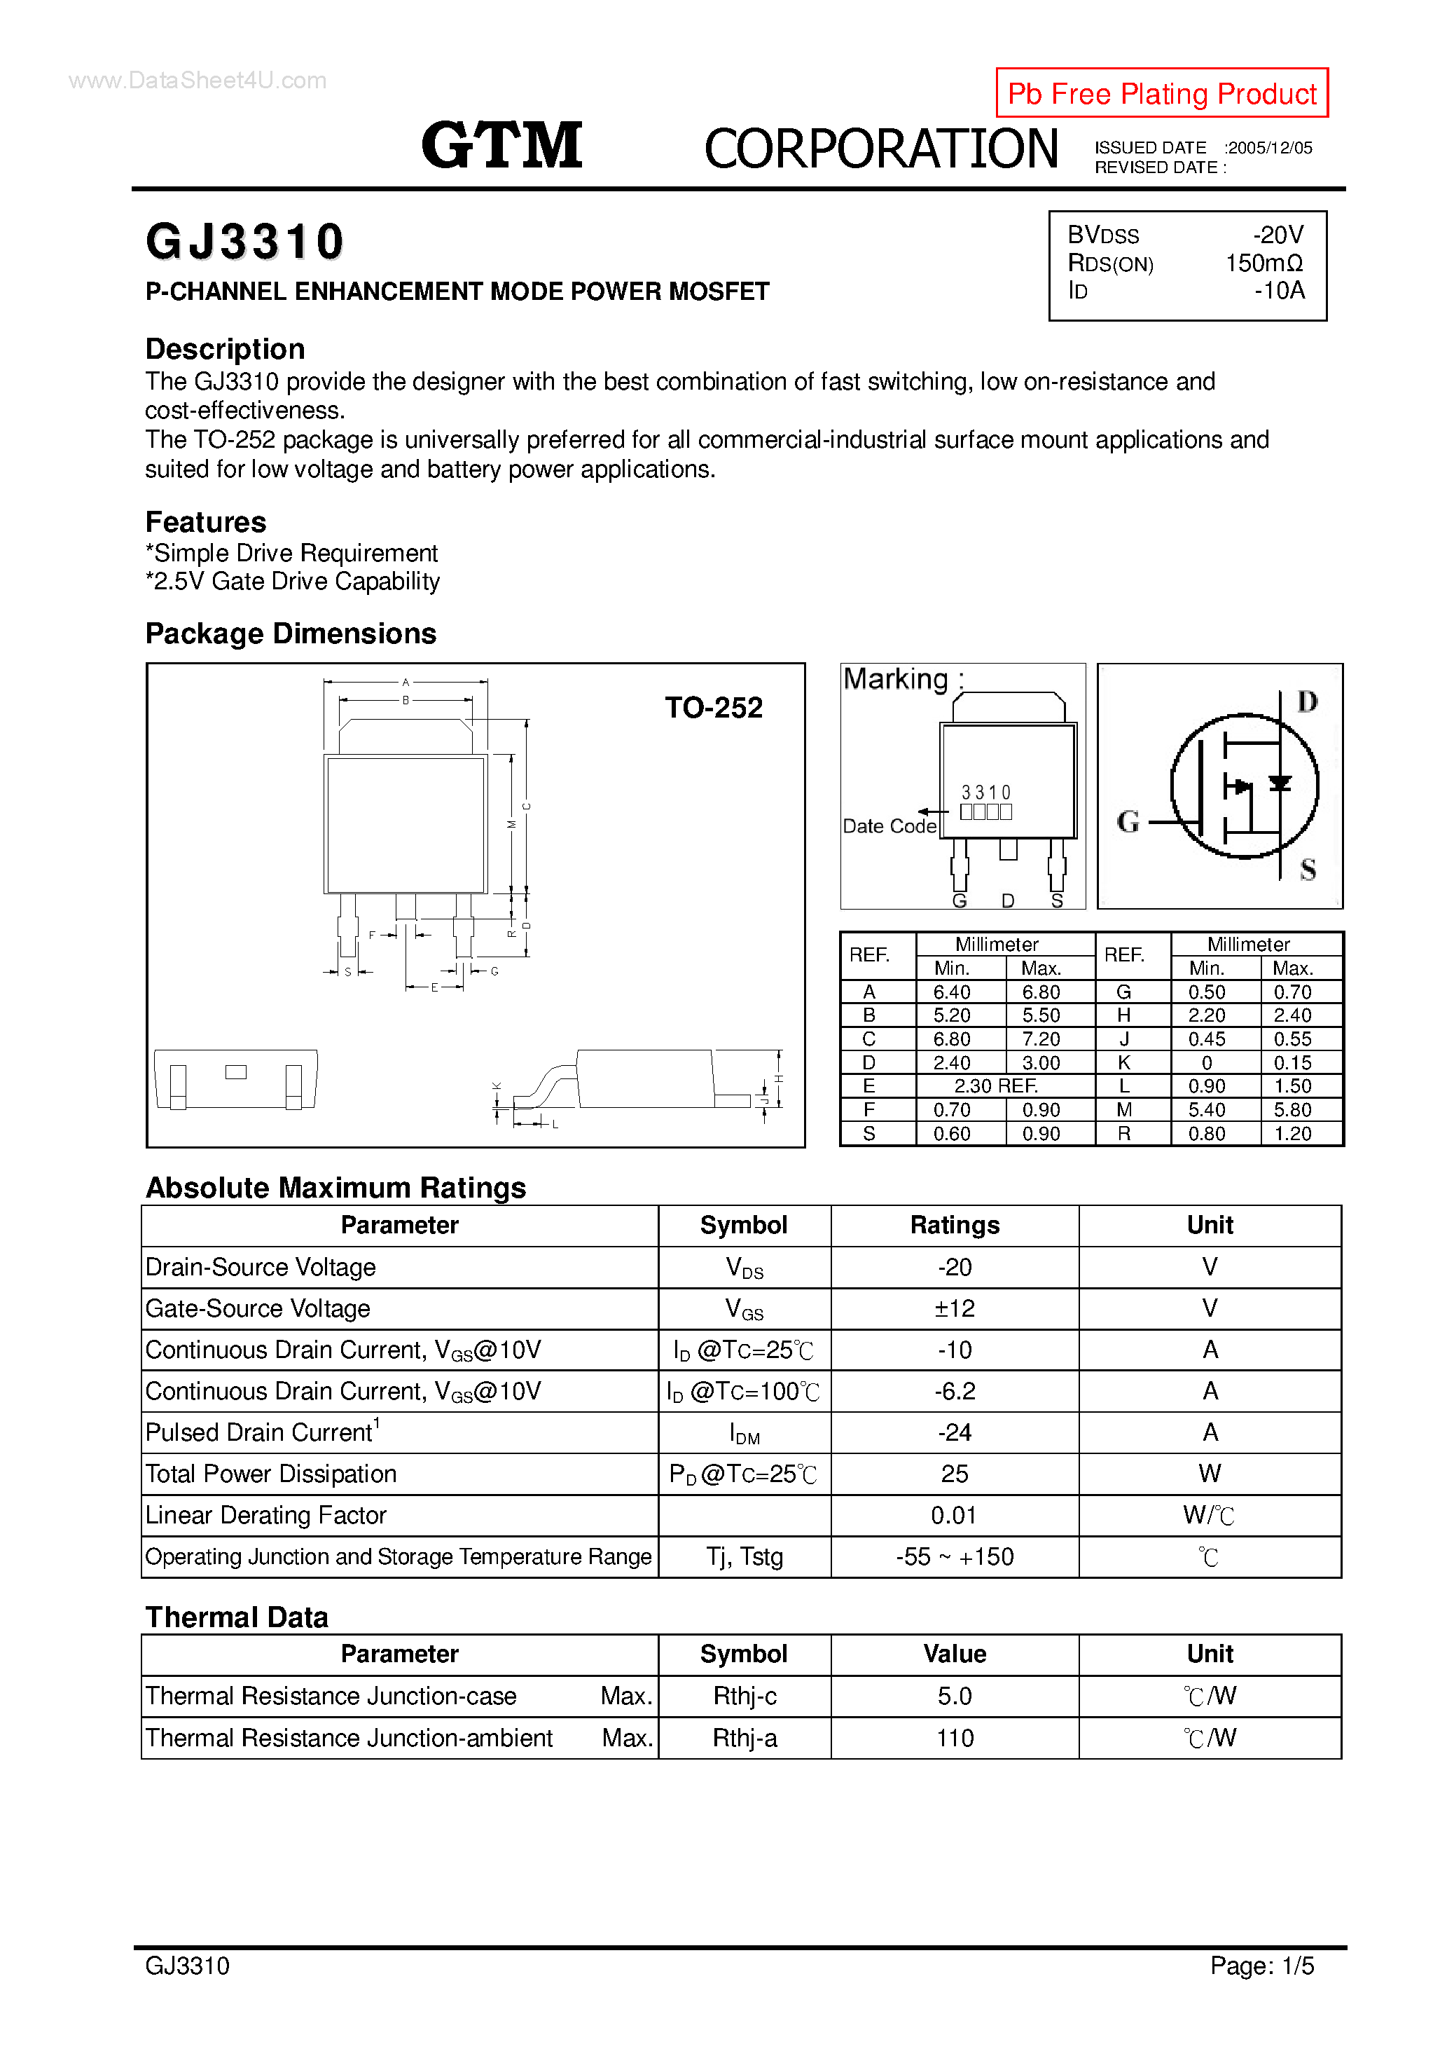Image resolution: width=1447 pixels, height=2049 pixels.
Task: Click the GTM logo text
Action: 501,146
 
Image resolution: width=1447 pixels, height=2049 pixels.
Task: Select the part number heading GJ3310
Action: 244,242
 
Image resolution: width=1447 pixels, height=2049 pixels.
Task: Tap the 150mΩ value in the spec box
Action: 1263,263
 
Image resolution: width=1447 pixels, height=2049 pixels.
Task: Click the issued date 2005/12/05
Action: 1268,148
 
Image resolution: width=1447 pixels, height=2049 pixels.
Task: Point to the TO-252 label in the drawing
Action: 713,708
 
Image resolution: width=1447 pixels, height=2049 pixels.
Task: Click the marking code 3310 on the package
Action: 985,793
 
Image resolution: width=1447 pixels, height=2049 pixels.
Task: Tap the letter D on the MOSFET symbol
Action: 1306,702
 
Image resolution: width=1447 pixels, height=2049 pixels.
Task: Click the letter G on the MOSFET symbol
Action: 1128,821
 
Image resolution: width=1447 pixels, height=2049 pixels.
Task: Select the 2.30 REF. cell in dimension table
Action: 995,1086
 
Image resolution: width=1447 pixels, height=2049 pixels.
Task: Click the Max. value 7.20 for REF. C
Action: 1040,1039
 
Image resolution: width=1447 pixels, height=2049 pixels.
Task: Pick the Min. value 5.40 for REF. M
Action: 1206,1109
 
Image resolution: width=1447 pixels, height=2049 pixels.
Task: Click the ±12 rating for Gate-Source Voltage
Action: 954,1308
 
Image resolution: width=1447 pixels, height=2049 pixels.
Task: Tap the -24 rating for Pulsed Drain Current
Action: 954,1432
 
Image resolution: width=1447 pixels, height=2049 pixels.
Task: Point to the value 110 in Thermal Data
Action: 954,1738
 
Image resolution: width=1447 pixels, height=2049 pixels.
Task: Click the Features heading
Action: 206,522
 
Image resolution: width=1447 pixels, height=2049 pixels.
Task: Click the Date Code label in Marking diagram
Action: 889,826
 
